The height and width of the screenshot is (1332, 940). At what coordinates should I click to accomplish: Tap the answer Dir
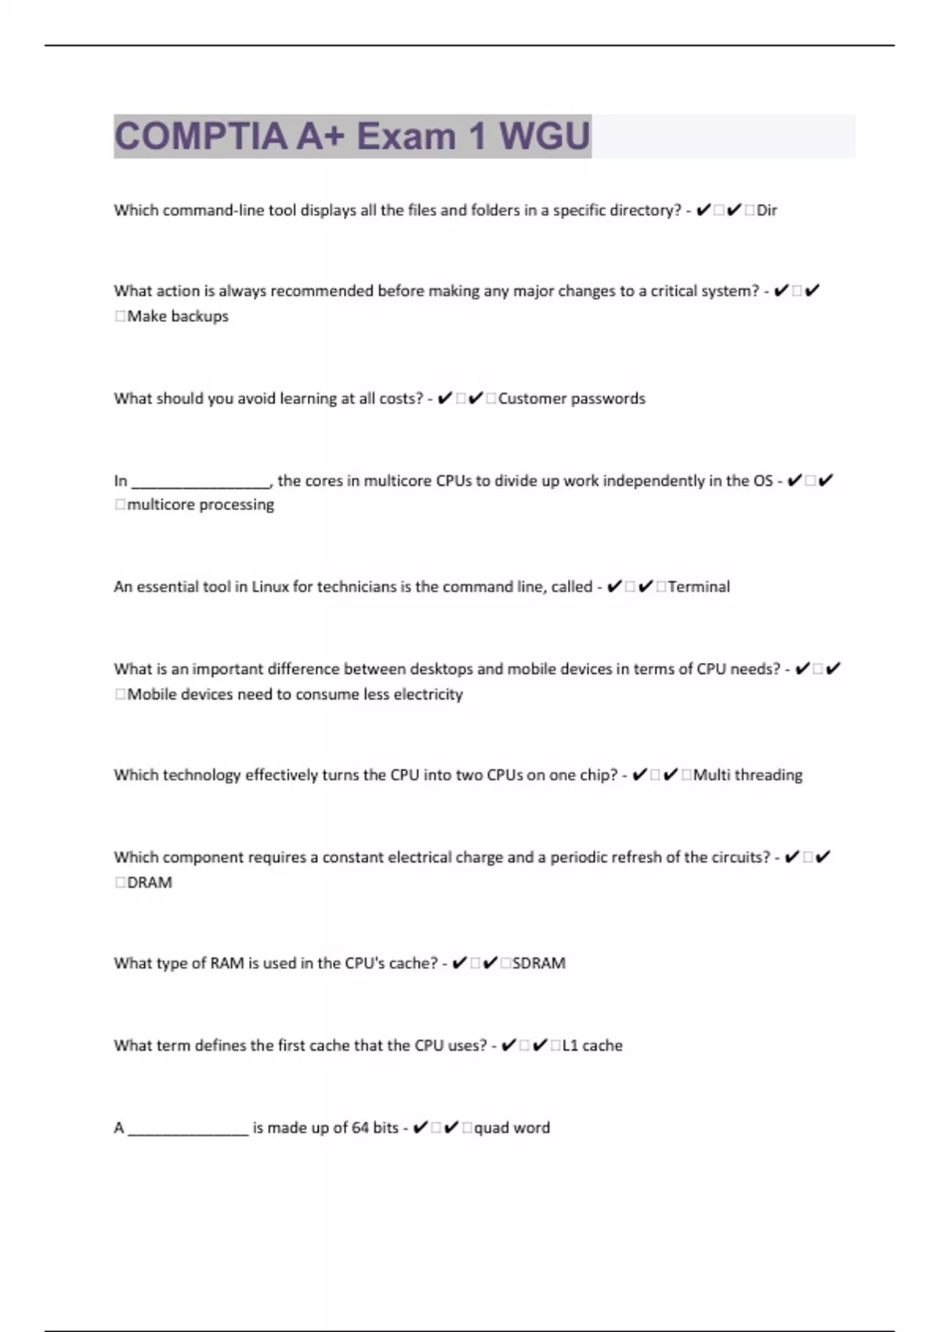click(x=767, y=210)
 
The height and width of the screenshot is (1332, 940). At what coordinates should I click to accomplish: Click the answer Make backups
click(x=178, y=317)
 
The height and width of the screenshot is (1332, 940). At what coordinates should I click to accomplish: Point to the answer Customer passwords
click(x=572, y=399)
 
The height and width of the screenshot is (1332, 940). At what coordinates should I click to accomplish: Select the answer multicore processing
click(x=201, y=505)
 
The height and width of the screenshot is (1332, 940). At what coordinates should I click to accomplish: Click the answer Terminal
click(x=699, y=587)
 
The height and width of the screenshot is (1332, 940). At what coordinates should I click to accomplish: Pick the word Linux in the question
click(x=270, y=587)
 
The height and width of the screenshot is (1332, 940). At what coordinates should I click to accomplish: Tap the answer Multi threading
click(x=748, y=775)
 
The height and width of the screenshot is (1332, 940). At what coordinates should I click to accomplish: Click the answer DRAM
click(x=150, y=882)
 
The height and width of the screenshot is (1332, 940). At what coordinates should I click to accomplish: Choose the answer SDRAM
click(x=539, y=963)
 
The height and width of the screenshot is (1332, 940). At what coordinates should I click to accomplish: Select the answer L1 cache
click(x=592, y=1045)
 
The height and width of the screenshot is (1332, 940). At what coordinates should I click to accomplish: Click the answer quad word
click(x=512, y=1127)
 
